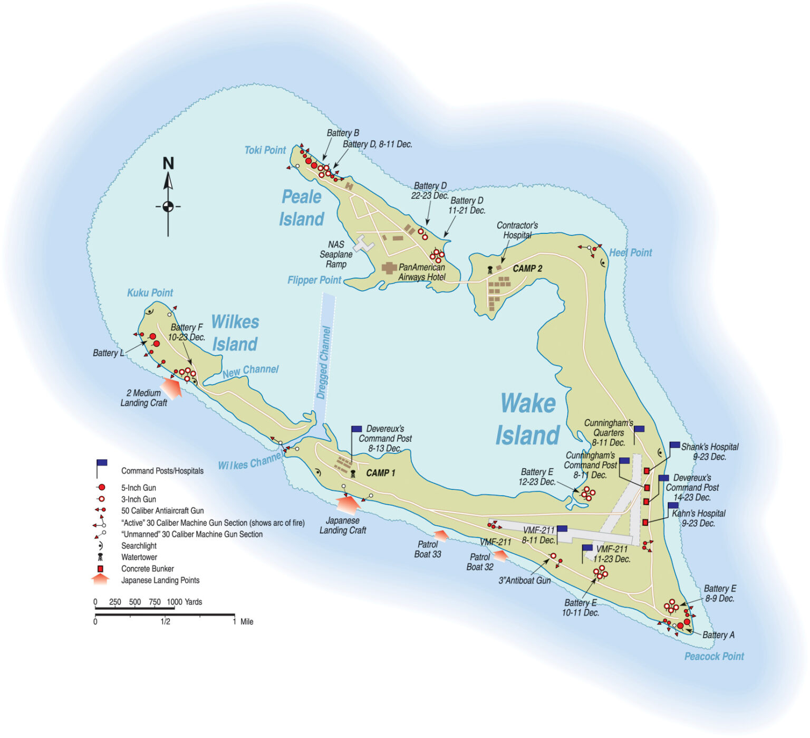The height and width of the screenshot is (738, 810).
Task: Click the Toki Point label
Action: [265, 150]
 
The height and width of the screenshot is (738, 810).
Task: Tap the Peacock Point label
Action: [713, 656]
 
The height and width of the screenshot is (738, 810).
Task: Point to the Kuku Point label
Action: [150, 293]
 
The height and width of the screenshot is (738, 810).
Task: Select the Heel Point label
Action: [630, 253]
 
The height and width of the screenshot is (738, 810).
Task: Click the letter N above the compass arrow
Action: [168, 163]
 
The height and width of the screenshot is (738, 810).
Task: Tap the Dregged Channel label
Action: [323, 362]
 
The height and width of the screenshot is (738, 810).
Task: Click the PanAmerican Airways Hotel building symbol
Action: [389, 268]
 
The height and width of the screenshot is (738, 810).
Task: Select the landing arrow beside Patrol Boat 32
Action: [499, 555]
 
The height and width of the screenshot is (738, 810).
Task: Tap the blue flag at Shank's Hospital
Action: [674, 446]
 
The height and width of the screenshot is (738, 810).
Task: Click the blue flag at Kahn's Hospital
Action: [673, 506]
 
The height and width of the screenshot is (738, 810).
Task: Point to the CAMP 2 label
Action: [527, 269]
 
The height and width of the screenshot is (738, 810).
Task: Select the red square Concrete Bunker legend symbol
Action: [100, 569]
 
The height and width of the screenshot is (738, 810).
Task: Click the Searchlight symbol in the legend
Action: [100, 546]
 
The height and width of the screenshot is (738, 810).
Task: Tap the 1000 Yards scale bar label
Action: [184, 602]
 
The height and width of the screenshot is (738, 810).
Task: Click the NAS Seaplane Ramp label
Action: [336, 254]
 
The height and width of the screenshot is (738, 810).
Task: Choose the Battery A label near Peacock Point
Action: [718, 635]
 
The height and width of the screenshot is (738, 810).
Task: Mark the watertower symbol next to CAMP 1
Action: [353, 474]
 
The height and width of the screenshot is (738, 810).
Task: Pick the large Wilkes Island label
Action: [235, 333]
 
